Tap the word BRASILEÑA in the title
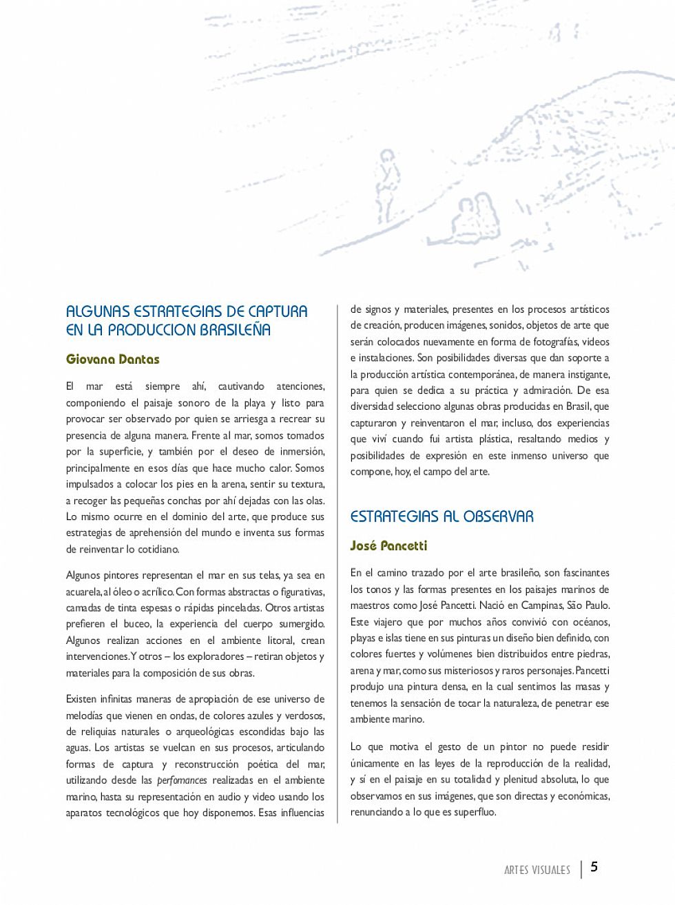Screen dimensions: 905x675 tap(235, 330)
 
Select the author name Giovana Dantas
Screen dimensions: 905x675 tap(113, 360)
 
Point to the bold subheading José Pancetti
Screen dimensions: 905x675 tap(388, 546)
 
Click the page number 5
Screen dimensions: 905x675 tap(594, 867)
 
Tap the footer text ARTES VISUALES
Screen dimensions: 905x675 tap(537, 870)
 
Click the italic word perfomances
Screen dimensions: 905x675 tap(182, 780)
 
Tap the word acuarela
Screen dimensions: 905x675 tap(83, 592)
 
